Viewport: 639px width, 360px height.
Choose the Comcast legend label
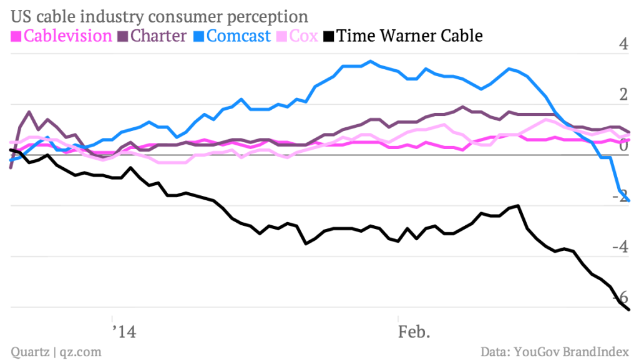(x=238, y=36)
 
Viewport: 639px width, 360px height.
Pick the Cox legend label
(x=304, y=36)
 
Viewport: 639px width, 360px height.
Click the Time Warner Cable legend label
(x=409, y=36)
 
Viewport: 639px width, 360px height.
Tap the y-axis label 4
(x=622, y=45)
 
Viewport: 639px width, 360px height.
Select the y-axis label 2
(x=622, y=95)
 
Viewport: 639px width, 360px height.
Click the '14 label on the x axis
(x=125, y=331)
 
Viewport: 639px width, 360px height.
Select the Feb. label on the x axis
(x=414, y=331)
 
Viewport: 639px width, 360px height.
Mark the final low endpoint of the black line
(x=629, y=309)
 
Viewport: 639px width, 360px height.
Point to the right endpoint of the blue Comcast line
(x=629, y=200)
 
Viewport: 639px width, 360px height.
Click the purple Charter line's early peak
(x=29, y=112)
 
